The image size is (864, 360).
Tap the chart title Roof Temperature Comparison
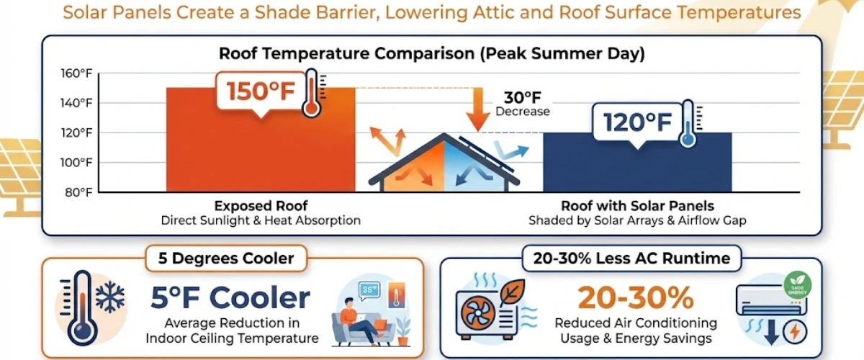tap(431, 53)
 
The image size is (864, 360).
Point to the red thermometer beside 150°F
tap(312, 94)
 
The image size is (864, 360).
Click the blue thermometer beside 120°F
tap(688, 125)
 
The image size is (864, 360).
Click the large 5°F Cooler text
tap(230, 297)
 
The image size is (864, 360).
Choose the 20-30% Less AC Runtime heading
tap(631, 258)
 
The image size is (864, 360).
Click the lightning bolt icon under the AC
tap(796, 332)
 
